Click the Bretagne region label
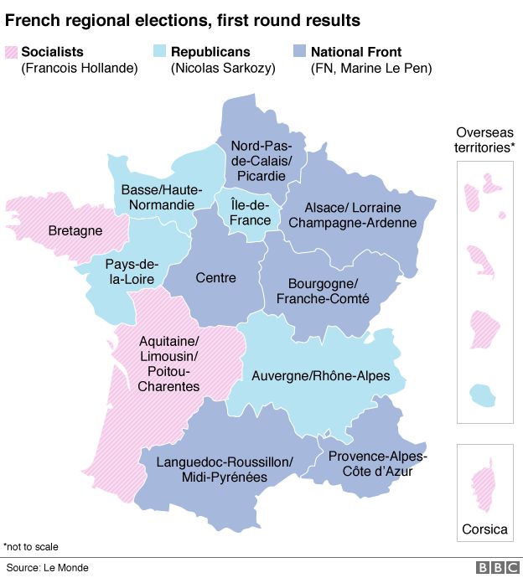click(x=75, y=230)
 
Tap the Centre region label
click(x=215, y=277)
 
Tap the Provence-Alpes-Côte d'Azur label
click(x=377, y=463)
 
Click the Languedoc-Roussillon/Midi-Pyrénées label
click(x=224, y=470)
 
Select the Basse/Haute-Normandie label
click(x=158, y=197)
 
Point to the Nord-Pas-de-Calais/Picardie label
click(x=261, y=160)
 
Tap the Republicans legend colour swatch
click(x=161, y=52)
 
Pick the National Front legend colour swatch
click(x=299, y=52)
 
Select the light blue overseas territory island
click(x=482, y=393)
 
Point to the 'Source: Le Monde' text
click(x=47, y=568)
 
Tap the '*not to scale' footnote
click(x=31, y=547)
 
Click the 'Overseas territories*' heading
click(x=484, y=140)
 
